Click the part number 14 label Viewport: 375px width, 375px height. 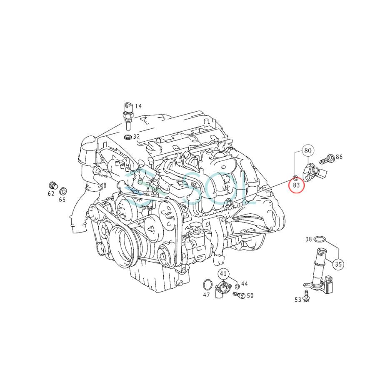pos(138,106)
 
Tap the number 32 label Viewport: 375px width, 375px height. pos(136,136)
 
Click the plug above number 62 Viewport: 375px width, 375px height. pos(52,185)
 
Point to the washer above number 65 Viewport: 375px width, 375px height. pos(62,191)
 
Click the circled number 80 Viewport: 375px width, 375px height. pos(307,150)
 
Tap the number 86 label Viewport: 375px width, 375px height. pos(339,157)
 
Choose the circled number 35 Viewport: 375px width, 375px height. pos(338,264)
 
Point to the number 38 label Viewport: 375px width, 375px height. pos(308,239)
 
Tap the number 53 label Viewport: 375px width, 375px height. pos(298,300)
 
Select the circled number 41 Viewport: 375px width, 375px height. pos(224,274)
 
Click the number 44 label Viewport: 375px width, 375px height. pos(245,284)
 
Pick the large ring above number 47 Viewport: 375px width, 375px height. pos(206,285)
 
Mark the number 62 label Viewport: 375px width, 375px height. pos(51,194)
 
